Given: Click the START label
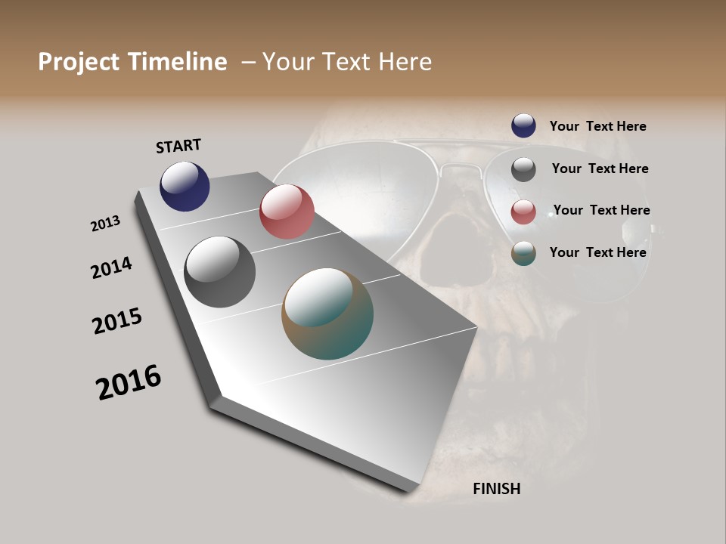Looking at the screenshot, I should click(178, 146).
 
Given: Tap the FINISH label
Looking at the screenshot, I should click(496, 489).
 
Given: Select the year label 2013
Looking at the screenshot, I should click(106, 224).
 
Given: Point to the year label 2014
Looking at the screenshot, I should click(111, 267).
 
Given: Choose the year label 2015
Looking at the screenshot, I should click(117, 320).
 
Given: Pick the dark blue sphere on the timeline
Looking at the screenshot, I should click(185, 186).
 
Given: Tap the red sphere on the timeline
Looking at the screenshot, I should click(287, 212).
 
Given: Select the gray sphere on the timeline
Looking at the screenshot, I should click(219, 272).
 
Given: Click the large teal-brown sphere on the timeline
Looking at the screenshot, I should click(327, 314).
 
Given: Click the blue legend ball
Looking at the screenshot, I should click(523, 126).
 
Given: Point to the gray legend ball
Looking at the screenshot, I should click(523, 169).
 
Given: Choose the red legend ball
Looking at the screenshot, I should click(523, 212).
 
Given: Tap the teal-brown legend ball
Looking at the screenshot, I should click(523, 254).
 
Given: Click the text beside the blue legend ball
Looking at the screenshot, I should click(597, 126).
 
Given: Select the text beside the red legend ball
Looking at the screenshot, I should click(601, 210).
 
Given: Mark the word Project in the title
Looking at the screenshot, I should click(79, 62).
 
